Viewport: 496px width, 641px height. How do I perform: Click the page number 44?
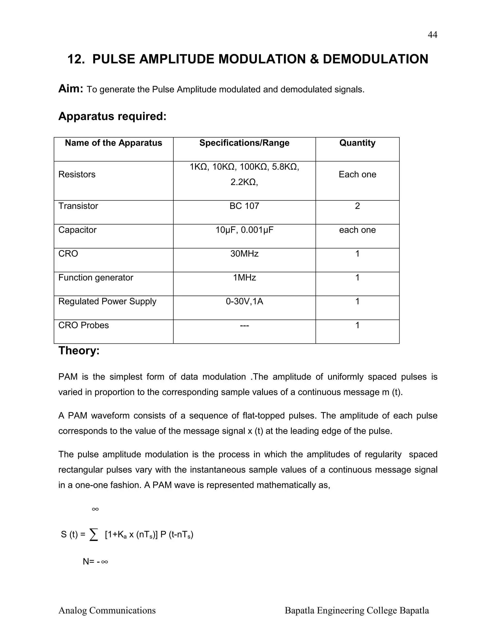pyautogui.click(x=432, y=35)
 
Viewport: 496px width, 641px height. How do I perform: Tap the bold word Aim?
pyautogui.click(x=71, y=89)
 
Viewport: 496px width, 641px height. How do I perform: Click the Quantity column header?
pyautogui.click(x=357, y=143)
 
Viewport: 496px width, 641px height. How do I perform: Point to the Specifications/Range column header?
pyautogui.click(x=244, y=143)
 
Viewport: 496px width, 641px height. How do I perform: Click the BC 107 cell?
pyautogui.click(x=244, y=206)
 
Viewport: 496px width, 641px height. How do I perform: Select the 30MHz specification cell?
pyautogui.click(x=244, y=253)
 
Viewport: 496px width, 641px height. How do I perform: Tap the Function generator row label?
pyautogui.click(x=96, y=278)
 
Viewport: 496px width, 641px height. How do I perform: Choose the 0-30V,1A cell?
pyautogui.click(x=244, y=301)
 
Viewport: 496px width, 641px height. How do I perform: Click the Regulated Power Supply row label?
pyautogui.click(x=107, y=301)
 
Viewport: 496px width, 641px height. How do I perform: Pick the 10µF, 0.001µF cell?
pyautogui.click(x=244, y=230)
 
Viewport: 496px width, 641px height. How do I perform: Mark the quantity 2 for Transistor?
pyautogui.click(x=357, y=206)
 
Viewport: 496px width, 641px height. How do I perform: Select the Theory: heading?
pyautogui.click(x=79, y=351)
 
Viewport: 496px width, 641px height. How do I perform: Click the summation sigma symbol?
pyautogui.click(x=93, y=535)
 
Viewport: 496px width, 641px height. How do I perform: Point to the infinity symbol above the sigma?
pyautogui.click(x=95, y=509)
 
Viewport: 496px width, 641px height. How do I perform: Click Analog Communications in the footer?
pyautogui.click(x=107, y=611)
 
